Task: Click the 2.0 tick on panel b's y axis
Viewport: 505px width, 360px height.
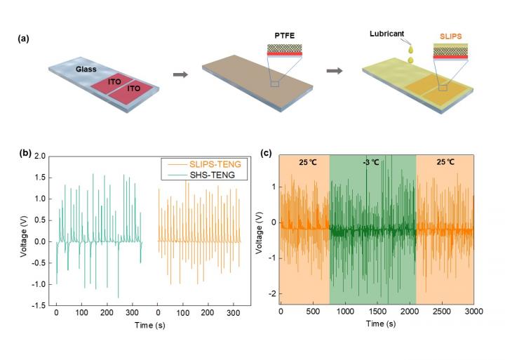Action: coord(41,156)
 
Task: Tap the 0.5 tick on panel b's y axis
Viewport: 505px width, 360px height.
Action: coord(41,220)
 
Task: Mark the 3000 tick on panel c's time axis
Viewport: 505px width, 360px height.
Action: coord(474,310)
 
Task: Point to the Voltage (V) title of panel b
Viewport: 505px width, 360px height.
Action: coord(24,231)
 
